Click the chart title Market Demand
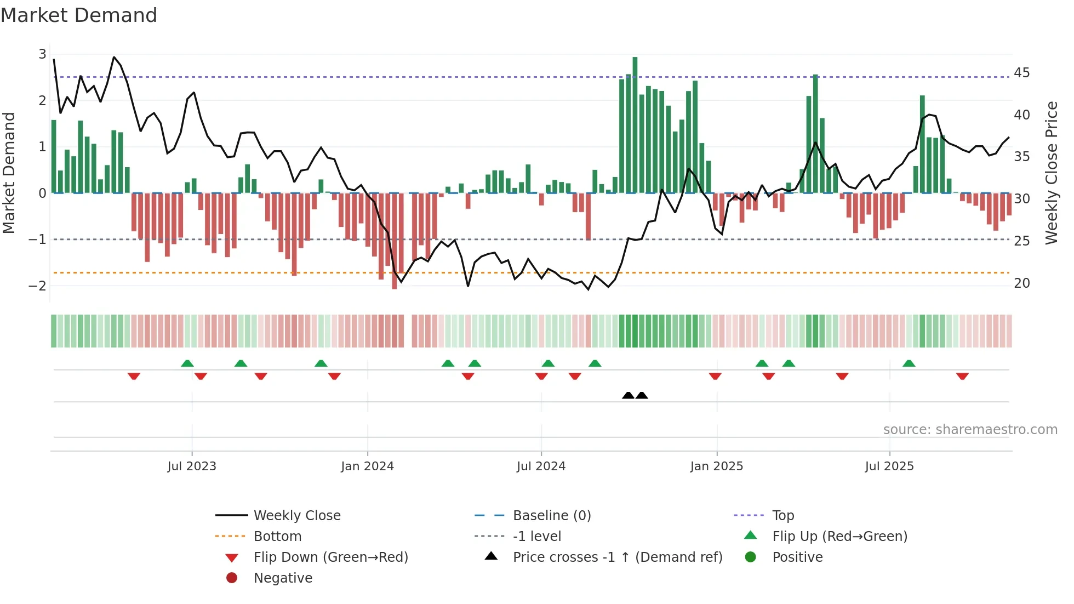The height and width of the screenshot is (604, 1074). point(79,15)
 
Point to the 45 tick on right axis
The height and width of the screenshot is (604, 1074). point(1021,73)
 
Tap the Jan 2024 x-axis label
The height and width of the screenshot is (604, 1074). point(367,466)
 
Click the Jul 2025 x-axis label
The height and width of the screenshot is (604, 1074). point(889,466)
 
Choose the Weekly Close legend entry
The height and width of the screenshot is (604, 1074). point(297,516)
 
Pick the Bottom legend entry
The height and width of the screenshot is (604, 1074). point(277,537)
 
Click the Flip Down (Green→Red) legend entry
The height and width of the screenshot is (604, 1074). point(330,557)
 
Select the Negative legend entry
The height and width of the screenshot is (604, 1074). point(283,578)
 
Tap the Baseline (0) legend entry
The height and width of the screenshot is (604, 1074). point(552,516)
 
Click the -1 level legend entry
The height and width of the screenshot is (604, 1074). point(537,537)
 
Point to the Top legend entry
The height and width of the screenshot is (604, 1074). point(783,516)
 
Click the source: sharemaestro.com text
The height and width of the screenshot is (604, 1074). point(970,430)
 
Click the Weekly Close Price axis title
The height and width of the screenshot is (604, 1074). point(1051,173)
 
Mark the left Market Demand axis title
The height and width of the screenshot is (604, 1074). point(9,173)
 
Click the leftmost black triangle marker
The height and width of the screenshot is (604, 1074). point(628,395)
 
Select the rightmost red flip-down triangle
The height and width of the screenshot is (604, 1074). point(962,376)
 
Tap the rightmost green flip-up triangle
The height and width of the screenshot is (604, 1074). point(909,363)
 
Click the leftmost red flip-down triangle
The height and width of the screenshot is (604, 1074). point(134,376)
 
